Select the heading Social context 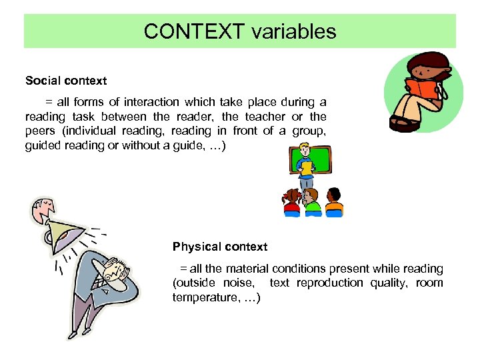[x=66, y=81]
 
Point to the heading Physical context [x=220, y=247]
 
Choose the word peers [x=40, y=131]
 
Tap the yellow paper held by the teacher [x=306, y=167]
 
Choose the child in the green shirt [x=312, y=202]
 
